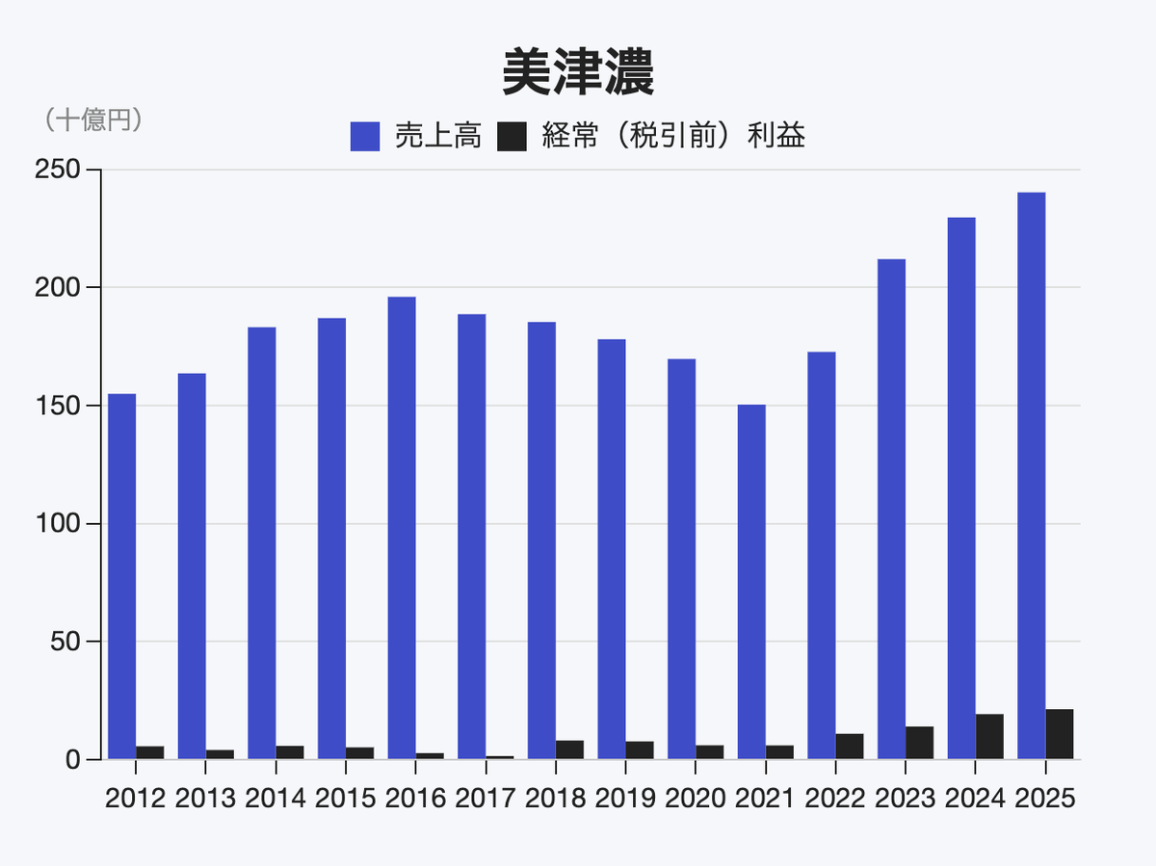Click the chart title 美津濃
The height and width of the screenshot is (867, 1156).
pyautogui.click(x=578, y=73)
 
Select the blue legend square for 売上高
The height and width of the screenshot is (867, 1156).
pyautogui.click(x=365, y=136)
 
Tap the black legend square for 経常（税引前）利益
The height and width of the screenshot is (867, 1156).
pyautogui.click(x=512, y=136)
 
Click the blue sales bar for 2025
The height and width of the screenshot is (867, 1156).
pyautogui.click(x=1031, y=476)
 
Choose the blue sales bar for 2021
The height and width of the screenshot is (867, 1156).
pyautogui.click(x=751, y=582)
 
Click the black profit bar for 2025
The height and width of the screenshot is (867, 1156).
pyautogui.click(x=1060, y=734)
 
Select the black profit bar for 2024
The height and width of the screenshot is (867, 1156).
pyautogui.click(x=989, y=737)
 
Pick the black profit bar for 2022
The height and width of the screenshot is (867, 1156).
pyautogui.click(x=850, y=747)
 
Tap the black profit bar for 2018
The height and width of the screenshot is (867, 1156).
pyautogui.click(x=569, y=749)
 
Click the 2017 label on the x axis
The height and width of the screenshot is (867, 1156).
pyautogui.click(x=486, y=799)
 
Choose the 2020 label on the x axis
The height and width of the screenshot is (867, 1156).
pyautogui.click(x=696, y=799)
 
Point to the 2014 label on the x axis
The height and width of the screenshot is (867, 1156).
pyautogui.click(x=276, y=799)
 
